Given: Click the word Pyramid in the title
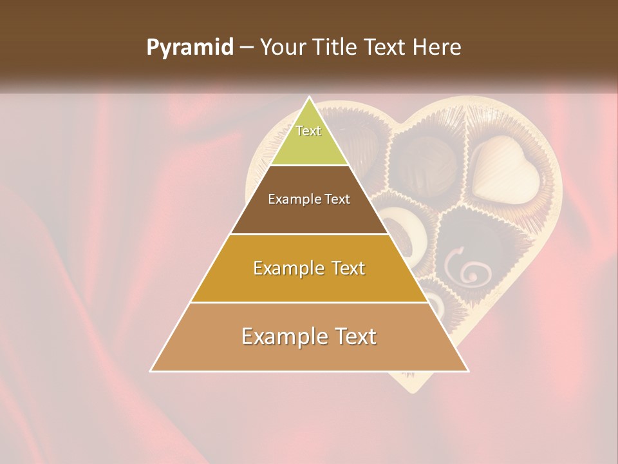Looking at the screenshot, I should click(x=189, y=48).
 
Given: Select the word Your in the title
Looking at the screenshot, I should click(x=283, y=48).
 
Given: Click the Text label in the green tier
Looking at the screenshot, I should click(x=308, y=131).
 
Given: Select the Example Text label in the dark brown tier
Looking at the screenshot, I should click(x=309, y=199).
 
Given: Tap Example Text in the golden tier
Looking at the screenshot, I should click(x=309, y=268).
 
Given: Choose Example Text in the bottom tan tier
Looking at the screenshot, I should click(x=309, y=336).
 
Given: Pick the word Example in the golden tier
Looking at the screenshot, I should click(x=286, y=269).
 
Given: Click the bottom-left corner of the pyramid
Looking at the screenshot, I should click(x=151, y=371).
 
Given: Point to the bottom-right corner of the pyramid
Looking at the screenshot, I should click(x=468, y=371).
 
